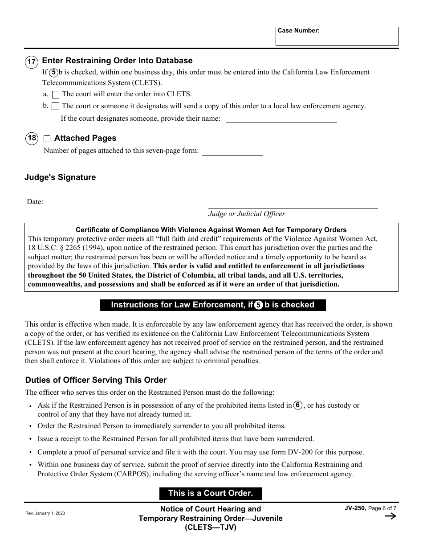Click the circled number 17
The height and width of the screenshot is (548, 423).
(x=32, y=61)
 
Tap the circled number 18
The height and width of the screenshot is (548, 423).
(x=32, y=138)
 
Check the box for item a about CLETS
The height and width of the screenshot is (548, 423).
(x=56, y=94)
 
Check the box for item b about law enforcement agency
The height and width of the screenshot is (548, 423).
(x=56, y=106)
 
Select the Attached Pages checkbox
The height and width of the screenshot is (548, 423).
(x=47, y=139)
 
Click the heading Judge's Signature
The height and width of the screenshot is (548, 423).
(x=60, y=177)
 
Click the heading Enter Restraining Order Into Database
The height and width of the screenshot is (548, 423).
(x=117, y=61)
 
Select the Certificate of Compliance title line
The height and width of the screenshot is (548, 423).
(x=211, y=230)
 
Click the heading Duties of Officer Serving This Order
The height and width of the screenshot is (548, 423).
(x=96, y=380)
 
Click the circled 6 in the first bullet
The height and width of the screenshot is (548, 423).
(x=298, y=405)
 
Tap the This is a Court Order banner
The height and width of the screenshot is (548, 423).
(x=211, y=493)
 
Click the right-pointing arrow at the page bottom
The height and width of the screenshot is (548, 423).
(x=390, y=516)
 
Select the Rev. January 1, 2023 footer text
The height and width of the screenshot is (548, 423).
(x=45, y=513)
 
